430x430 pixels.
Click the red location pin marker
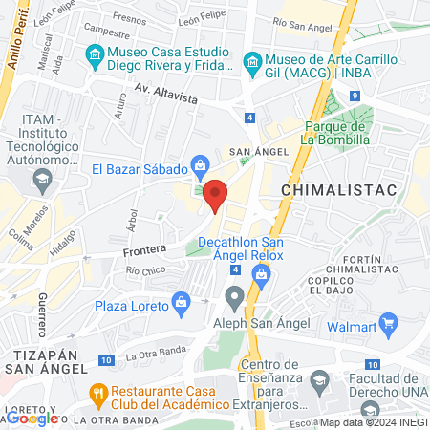tap(216, 195)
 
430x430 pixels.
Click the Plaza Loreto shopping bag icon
tap(182, 305)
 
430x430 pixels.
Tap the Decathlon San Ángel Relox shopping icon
tap(260, 274)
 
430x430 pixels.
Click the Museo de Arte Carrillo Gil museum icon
tap(252, 63)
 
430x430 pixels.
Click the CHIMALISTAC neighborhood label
tap(325, 191)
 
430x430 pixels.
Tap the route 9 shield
tap(354, 96)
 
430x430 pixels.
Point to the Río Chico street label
tap(145, 271)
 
